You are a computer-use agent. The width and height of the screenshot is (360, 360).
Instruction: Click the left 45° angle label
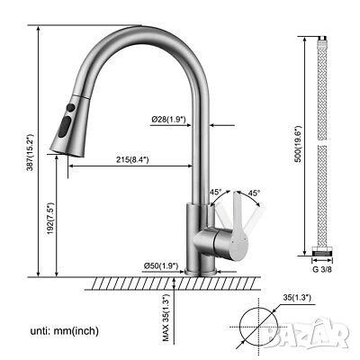point(215,192)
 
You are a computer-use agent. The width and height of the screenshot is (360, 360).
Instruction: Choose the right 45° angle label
point(255,192)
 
